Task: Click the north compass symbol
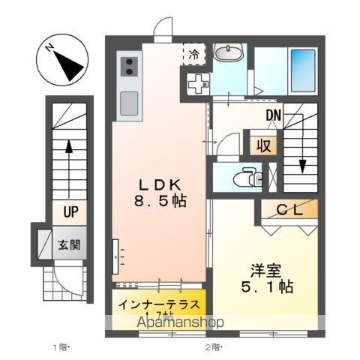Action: coord(62,62)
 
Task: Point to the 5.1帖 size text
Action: coord(268,286)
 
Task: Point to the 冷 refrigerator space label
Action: coord(193,54)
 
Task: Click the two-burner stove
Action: coord(127,65)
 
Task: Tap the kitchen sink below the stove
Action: coord(128,100)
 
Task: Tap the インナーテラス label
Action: coord(159,305)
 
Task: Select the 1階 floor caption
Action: coord(61,346)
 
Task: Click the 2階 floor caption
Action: coord(211,346)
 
